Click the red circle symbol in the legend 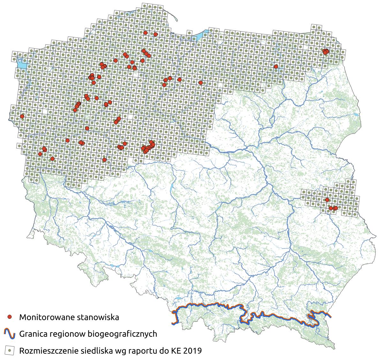click(10, 317)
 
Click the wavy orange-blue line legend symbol click(10, 334)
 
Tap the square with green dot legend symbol click(10, 351)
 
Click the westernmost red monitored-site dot click(22, 116)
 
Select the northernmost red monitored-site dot click(146, 33)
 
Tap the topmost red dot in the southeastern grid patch click(327, 200)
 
